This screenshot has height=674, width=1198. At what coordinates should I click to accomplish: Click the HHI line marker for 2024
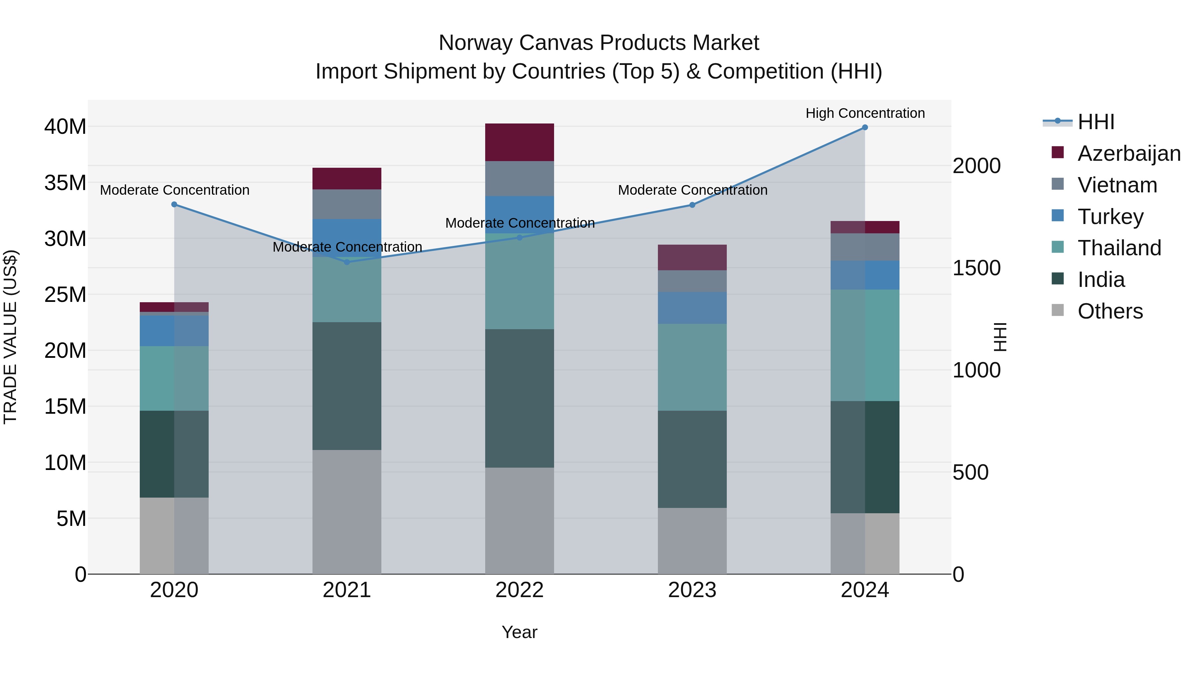[865, 127]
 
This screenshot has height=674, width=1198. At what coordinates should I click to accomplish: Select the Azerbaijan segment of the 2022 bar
[519, 142]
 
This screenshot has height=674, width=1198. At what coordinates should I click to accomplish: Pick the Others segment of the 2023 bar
[692, 541]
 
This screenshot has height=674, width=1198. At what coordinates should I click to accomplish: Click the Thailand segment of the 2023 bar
[692, 367]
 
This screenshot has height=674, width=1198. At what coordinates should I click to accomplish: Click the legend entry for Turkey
[1110, 217]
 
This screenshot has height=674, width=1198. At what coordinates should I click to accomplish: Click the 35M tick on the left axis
[65, 183]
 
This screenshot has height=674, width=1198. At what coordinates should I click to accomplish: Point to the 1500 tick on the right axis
[977, 268]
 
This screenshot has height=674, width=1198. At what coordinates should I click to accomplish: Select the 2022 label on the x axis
[519, 590]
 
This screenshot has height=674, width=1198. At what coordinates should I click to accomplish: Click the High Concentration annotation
[865, 113]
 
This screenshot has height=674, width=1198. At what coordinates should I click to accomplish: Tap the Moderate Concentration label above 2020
[174, 190]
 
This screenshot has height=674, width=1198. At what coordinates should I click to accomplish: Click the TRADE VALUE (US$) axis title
[10, 337]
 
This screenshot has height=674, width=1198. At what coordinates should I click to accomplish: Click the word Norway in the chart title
[475, 43]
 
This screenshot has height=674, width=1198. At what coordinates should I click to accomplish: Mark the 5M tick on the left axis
[71, 519]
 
